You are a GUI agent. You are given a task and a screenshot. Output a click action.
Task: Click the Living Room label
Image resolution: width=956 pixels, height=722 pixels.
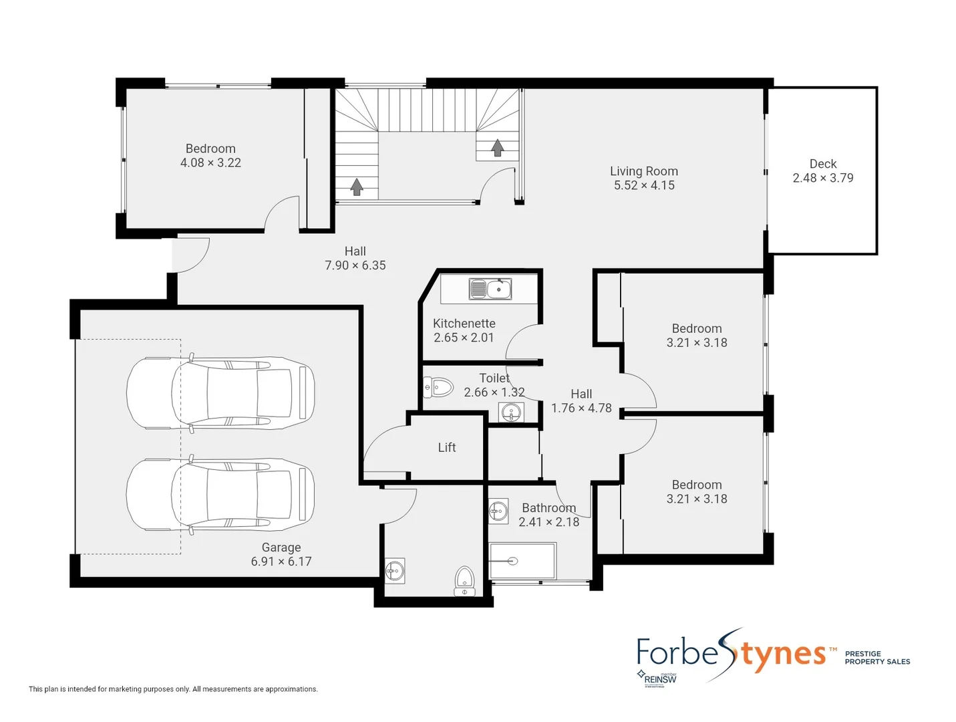point(643,171)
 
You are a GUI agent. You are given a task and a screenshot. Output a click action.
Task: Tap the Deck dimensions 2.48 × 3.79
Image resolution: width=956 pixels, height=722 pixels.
point(822,178)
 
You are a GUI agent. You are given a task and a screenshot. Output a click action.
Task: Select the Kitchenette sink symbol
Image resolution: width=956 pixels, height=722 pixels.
point(490,289)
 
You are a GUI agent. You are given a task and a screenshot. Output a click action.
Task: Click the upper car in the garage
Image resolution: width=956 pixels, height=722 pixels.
point(220,392)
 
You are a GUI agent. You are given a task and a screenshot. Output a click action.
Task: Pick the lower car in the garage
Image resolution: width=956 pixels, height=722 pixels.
point(220,495)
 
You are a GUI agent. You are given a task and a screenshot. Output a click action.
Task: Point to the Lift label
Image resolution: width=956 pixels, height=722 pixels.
point(446,447)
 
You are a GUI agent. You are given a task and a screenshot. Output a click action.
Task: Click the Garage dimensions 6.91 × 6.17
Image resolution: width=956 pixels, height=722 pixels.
point(281,562)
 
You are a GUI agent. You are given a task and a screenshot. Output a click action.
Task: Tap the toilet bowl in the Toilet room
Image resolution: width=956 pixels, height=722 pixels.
point(438,386)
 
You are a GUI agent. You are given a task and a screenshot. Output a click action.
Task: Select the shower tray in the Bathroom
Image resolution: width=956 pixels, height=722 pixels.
point(522,561)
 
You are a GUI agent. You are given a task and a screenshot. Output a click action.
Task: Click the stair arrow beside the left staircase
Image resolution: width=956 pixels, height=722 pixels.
point(357,187)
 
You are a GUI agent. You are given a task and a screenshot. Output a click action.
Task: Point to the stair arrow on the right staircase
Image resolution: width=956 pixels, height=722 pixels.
point(497,147)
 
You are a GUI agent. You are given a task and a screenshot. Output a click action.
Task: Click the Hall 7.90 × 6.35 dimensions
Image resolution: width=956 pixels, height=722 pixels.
point(355,265)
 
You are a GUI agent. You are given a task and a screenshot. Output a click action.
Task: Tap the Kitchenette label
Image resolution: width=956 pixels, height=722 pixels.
point(464,324)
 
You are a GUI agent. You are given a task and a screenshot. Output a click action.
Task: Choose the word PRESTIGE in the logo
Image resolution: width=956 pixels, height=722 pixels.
point(862,654)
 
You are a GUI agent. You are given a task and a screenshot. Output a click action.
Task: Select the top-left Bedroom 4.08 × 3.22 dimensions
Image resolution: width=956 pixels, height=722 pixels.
point(210,162)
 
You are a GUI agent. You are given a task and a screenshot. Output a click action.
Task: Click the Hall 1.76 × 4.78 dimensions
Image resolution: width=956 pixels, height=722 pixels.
point(581,408)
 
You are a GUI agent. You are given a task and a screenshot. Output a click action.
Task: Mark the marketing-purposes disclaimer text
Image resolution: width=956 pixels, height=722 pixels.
point(173,689)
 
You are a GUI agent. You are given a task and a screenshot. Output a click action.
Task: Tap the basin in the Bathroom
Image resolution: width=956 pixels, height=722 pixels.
point(498,511)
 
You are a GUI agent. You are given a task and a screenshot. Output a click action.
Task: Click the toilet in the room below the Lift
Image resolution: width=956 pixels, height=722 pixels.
point(464,581)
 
